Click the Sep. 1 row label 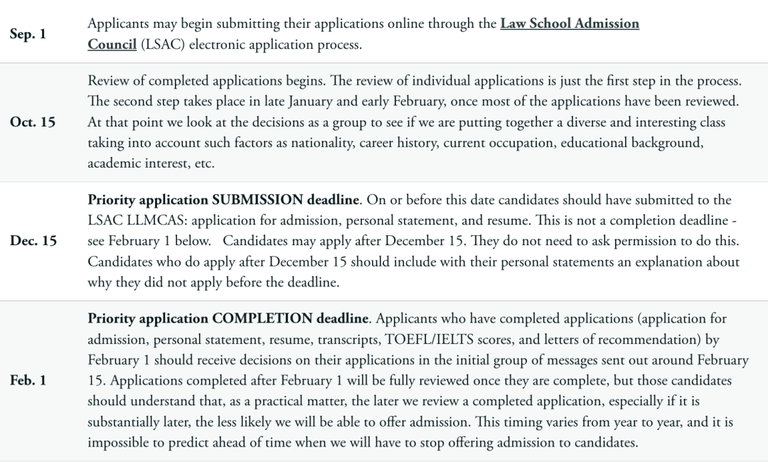pyautogui.click(x=28, y=33)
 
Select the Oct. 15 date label pyautogui.click(x=33, y=122)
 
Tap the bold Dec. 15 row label pyautogui.click(x=33, y=241)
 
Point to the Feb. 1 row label pyautogui.click(x=28, y=380)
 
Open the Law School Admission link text pyautogui.click(x=570, y=23)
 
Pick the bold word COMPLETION pyautogui.click(x=262, y=318)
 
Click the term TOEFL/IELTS pyautogui.click(x=420, y=338)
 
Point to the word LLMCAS pyautogui.click(x=149, y=220)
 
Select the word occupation pyautogui.click(x=523, y=142)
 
